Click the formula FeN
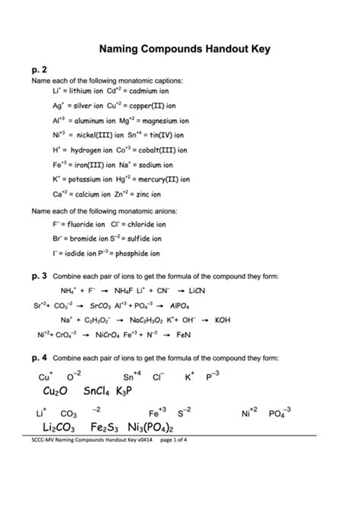[183, 335]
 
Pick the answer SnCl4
[97, 390]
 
